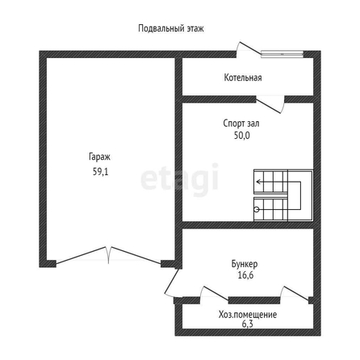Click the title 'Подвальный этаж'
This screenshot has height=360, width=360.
point(171,28)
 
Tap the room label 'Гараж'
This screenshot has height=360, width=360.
point(99,157)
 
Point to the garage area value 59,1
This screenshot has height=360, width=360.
point(100,172)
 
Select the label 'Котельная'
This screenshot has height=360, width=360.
point(243,77)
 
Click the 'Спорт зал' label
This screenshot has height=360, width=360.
point(241,123)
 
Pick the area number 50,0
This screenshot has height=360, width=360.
point(242,136)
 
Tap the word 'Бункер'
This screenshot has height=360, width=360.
point(245,264)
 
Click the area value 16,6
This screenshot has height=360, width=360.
point(245,275)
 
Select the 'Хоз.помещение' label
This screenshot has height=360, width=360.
point(248,315)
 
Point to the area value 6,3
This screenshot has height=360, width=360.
point(247,324)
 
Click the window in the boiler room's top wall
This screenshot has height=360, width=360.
point(283,54)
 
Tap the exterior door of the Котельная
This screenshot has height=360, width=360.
point(248,49)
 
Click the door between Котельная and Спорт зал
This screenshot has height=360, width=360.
point(270,105)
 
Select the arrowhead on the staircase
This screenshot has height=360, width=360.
point(258,182)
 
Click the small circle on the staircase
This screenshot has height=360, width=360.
point(257,210)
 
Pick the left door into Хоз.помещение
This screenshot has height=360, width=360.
point(214,293)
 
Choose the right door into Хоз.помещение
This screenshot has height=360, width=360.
point(295,293)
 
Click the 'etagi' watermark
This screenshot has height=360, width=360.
point(180,178)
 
